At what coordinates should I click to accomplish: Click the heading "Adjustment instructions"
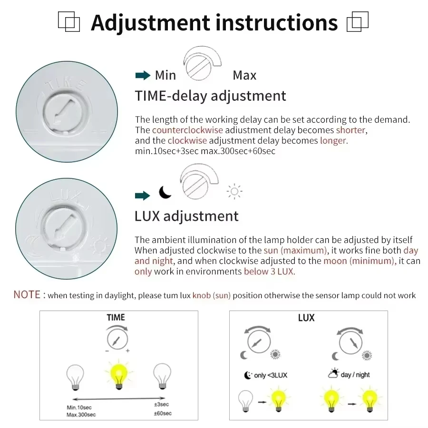214,22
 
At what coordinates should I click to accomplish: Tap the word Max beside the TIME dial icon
244,75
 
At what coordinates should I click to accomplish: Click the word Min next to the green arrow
165,75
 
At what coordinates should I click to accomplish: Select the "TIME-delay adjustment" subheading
210,96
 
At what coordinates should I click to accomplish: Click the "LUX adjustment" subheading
186,216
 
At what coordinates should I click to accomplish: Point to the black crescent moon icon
165,192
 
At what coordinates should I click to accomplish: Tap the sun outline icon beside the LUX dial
234,192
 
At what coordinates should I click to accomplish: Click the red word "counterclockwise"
187,130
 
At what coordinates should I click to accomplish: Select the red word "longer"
334,141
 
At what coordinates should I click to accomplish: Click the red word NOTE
27,295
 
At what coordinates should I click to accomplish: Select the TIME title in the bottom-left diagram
116,317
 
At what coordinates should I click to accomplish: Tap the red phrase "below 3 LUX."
270,272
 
